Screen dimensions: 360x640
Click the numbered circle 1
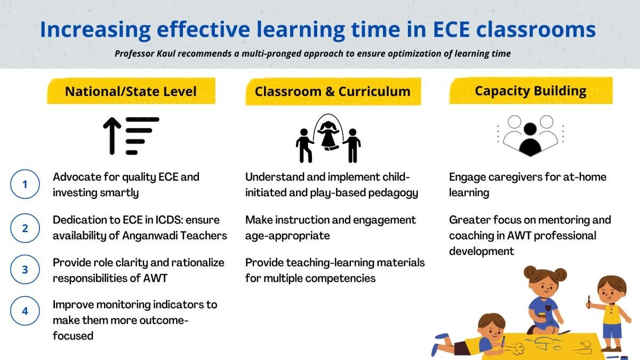tap(25, 185)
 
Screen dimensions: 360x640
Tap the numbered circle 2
tap(25, 228)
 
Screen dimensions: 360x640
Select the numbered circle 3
tap(25, 270)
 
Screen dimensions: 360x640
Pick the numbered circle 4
tap(25, 311)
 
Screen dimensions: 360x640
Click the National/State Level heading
tap(131, 91)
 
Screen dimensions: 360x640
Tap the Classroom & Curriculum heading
tap(332, 91)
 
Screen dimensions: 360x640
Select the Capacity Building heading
tap(530, 91)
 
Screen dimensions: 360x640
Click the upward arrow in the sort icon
tap(112, 136)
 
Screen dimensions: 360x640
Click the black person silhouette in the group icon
tap(530, 139)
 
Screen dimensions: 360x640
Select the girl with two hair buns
tap(543, 299)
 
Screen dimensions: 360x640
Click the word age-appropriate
tap(287, 235)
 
